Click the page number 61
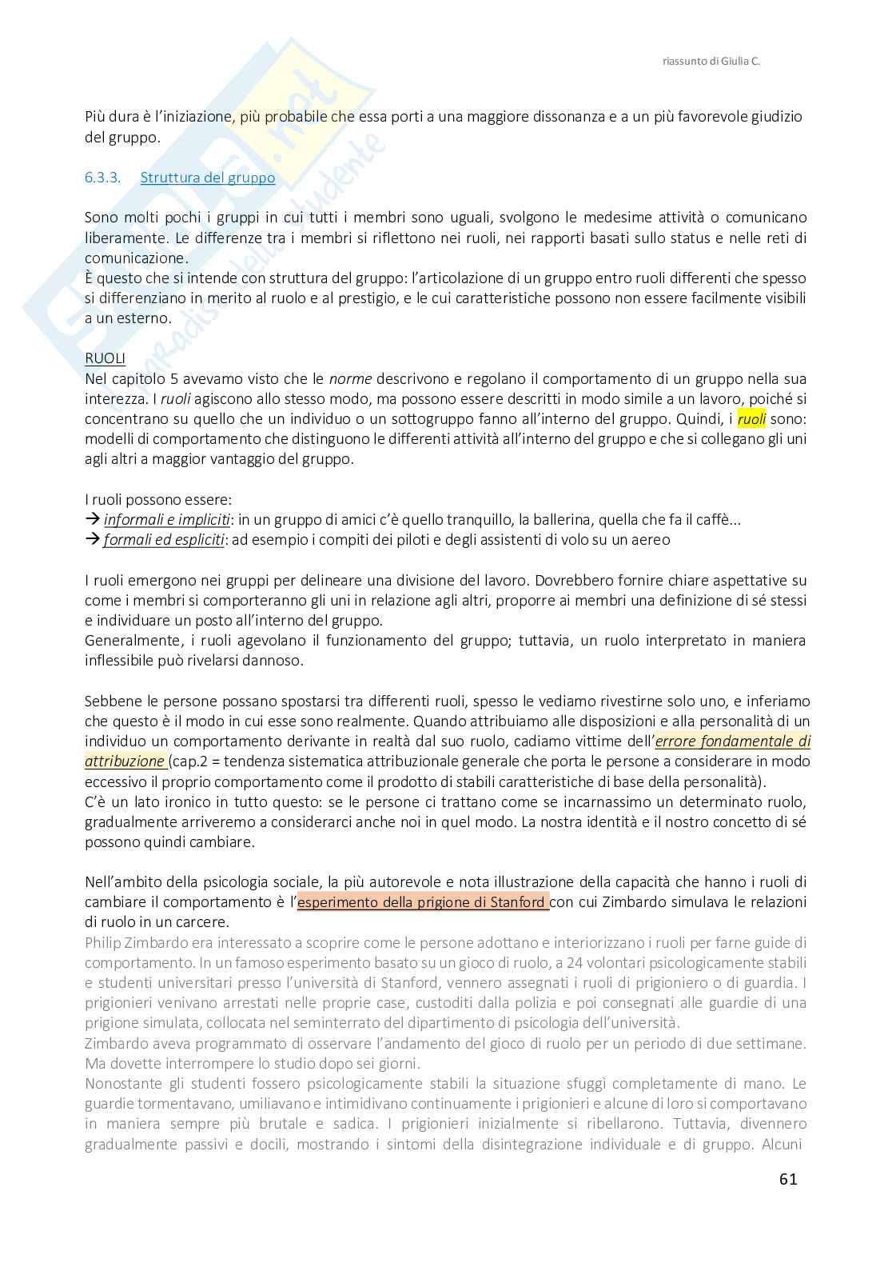tap(787, 1178)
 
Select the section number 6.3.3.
tap(102, 178)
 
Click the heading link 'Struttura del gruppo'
tap(207, 178)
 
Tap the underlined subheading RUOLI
tap(105, 358)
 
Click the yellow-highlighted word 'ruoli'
tap(751, 418)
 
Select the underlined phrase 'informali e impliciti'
tap(167, 519)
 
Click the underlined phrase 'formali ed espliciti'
tap(164, 539)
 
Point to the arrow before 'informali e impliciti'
tap(92, 519)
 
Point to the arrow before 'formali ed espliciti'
tap(92, 539)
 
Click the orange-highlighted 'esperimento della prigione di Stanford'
tap(422, 902)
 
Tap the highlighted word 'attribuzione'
tap(124, 761)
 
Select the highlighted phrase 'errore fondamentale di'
tap(732, 741)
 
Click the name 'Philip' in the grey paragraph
tap(104, 942)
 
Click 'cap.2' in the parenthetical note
tap(189, 761)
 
